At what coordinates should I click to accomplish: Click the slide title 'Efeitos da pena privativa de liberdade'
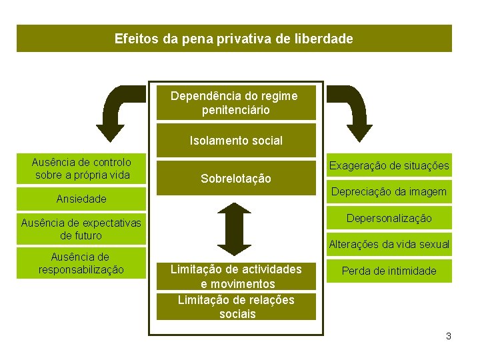[x=234, y=39]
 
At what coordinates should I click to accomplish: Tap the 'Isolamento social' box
[x=236, y=141]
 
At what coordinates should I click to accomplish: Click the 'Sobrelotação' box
[x=236, y=179]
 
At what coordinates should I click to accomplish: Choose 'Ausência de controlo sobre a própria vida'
[x=81, y=169]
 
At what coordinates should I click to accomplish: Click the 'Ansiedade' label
[x=81, y=199]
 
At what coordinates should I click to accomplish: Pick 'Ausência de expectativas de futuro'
[x=81, y=229]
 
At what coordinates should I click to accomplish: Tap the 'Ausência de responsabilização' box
[x=81, y=263]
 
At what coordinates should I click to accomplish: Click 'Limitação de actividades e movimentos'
[x=236, y=276]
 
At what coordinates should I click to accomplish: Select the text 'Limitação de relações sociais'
[x=236, y=307]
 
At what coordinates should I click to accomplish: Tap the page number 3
[x=449, y=337]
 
